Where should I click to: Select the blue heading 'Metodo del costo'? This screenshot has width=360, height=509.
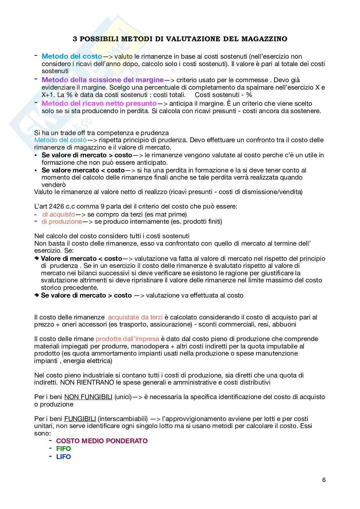(72, 56)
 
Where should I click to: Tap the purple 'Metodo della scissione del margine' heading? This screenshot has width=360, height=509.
(103, 80)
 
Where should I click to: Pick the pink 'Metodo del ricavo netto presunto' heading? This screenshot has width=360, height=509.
(99, 103)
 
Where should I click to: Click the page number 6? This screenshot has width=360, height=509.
(324, 480)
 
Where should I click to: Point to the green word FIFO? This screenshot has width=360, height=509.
(64, 449)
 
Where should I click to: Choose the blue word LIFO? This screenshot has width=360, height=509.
(64, 457)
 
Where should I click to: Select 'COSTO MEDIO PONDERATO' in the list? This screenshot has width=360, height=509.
(102, 441)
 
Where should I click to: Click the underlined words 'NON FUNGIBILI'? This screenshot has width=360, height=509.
(88, 397)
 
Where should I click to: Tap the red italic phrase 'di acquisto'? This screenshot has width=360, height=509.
(59, 214)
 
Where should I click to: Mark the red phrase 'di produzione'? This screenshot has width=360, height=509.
(62, 221)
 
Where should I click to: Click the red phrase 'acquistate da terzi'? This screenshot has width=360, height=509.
(135, 317)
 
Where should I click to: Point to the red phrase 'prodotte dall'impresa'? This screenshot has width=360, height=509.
(127, 339)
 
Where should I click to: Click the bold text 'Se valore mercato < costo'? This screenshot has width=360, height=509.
(83, 170)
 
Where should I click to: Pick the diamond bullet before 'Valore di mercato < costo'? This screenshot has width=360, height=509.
(36, 259)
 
